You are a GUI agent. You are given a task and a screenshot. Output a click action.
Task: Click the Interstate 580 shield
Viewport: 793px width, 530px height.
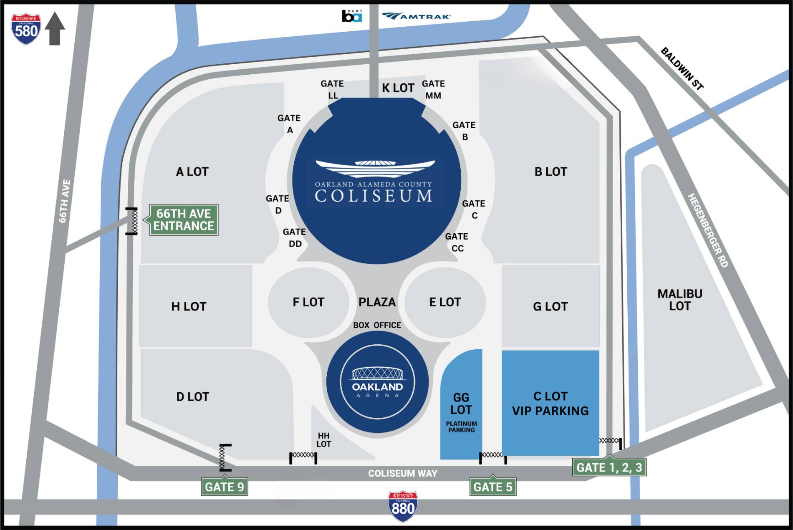[x=26, y=29]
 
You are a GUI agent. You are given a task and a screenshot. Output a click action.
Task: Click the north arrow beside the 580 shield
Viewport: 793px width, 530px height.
[x=55, y=28]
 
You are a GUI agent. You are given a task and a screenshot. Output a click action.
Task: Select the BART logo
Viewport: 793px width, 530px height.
[x=351, y=16]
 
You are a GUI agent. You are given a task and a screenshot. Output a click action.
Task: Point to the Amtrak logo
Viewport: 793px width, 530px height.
[x=416, y=16]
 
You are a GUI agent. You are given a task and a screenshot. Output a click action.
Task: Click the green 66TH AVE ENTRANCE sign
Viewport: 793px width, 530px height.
[x=184, y=220]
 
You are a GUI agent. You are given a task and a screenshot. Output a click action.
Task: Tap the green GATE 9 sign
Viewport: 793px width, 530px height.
[x=225, y=487]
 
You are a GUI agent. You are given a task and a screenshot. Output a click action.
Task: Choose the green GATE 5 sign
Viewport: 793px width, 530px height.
[x=492, y=487]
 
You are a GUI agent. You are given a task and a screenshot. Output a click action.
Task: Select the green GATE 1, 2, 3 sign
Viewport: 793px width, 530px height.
[x=609, y=467]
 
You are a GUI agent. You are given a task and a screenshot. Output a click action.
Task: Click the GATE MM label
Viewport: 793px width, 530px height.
[x=433, y=90]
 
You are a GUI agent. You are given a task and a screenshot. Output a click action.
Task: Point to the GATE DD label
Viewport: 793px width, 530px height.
[x=294, y=237]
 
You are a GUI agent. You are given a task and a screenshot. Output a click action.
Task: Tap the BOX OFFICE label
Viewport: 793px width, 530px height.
[x=377, y=325]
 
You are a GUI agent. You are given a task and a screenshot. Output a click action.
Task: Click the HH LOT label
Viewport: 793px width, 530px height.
[x=323, y=440]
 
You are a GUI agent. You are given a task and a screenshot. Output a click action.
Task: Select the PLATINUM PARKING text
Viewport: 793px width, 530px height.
[x=461, y=427]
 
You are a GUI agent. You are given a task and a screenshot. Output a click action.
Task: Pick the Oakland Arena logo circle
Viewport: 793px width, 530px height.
[x=377, y=382]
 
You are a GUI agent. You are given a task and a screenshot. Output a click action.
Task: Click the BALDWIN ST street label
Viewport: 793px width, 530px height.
[x=682, y=69]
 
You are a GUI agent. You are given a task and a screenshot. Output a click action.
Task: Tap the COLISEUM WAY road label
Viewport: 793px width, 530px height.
[x=402, y=473]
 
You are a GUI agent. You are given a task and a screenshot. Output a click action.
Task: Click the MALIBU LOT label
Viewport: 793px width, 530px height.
[x=679, y=300]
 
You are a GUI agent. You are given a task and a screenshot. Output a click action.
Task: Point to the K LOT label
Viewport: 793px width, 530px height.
[x=398, y=88]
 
